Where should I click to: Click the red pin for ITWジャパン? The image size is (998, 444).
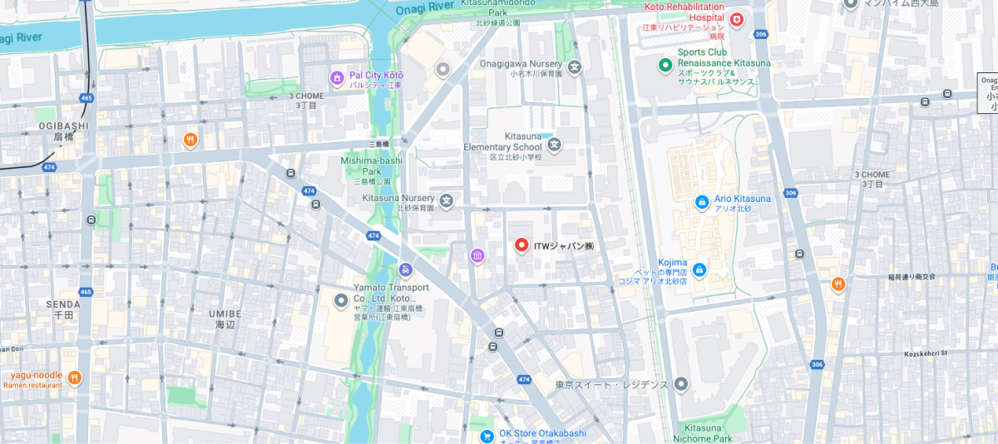521,245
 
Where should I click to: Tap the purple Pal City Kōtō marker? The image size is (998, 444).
337,78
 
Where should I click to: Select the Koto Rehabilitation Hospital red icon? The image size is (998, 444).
736,20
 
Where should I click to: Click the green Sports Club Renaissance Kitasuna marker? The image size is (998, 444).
665,65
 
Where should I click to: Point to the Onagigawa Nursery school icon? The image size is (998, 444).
575,67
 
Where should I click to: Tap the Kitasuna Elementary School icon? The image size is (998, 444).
555,146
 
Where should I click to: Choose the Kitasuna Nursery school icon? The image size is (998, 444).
447,200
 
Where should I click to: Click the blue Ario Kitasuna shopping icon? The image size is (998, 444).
701,201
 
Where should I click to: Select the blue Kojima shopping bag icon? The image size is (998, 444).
699,269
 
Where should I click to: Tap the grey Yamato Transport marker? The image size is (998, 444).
340,300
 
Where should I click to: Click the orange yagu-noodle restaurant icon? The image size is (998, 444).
74,378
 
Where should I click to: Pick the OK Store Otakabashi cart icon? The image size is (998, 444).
487,436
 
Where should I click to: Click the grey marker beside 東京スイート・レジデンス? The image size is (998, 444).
681,384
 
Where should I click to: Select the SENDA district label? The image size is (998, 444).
63,304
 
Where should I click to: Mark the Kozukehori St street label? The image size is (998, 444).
926,353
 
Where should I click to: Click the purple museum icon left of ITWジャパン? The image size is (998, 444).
477,255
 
